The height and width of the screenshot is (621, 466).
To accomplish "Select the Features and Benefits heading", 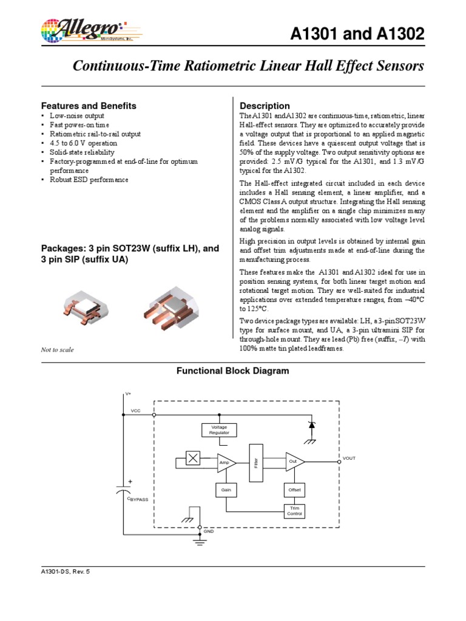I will (x=88, y=106).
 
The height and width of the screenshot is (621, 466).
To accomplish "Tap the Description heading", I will (x=265, y=106).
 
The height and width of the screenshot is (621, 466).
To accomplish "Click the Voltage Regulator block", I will (x=219, y=430).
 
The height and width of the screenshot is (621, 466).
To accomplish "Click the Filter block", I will (x=256, y=462).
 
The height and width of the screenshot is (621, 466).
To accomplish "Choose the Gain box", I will (x=226, y=489).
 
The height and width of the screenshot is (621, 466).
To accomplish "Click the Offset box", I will (x=293, y=489).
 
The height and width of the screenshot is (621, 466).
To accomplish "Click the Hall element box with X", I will (x=193, y=459).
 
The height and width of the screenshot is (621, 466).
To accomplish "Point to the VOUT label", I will (x=349, y=458).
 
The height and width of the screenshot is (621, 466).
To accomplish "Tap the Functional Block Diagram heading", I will (x=232, y=371).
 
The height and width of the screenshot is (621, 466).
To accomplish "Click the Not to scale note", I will (x=57, y=350).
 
